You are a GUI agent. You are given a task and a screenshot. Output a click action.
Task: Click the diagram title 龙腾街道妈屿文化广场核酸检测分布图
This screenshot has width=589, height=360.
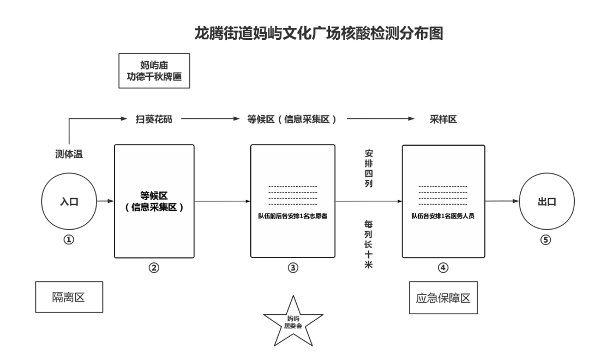[318, 33]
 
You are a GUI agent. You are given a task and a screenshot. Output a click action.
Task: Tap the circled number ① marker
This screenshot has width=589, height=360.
[68, 239]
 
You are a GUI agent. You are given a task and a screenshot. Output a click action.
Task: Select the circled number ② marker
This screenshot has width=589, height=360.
[154, 268]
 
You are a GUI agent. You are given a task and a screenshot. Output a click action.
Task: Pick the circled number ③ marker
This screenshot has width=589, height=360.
[293, 268]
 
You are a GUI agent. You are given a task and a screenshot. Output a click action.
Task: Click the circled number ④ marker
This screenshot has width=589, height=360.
[443, 268]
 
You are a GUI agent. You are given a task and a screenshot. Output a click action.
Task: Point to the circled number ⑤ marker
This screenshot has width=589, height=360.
[545, 239]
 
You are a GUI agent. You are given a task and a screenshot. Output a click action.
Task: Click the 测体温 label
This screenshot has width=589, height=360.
[69, 154]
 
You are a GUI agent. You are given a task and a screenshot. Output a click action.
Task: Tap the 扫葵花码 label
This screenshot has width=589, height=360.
[154, 119]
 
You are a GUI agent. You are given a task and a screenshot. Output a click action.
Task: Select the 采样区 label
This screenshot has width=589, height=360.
[443, 119]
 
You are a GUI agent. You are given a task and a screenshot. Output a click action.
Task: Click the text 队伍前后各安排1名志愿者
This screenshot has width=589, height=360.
[293, 216]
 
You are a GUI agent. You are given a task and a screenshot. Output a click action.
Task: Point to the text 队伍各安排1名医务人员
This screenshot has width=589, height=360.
[443, 216]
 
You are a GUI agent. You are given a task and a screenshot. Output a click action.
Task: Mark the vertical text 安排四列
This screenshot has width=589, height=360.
[369, 169]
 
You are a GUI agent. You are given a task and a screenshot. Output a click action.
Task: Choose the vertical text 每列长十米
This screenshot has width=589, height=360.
[369, 244]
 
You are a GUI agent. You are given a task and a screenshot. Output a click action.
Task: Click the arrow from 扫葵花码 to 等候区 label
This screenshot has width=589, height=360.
[211, 119]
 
